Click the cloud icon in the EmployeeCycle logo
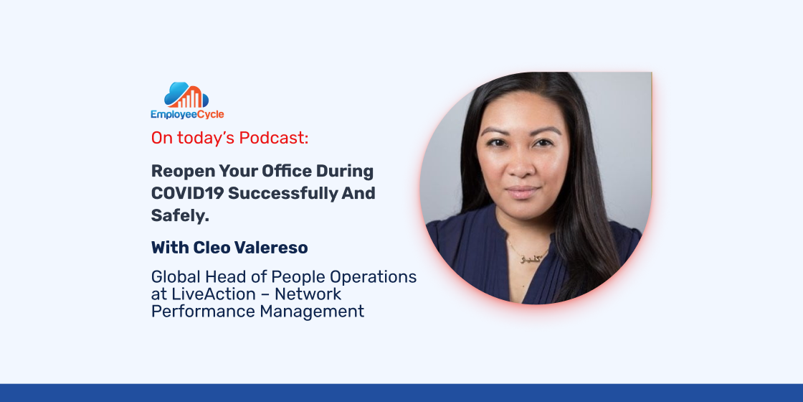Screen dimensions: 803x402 point(186,95)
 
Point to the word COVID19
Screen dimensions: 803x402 point(187,193)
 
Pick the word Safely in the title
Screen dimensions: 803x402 point(180,216)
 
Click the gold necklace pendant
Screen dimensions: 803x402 point(526,259)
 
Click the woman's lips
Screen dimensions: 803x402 point(523,192)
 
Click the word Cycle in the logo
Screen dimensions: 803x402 point(211,114)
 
